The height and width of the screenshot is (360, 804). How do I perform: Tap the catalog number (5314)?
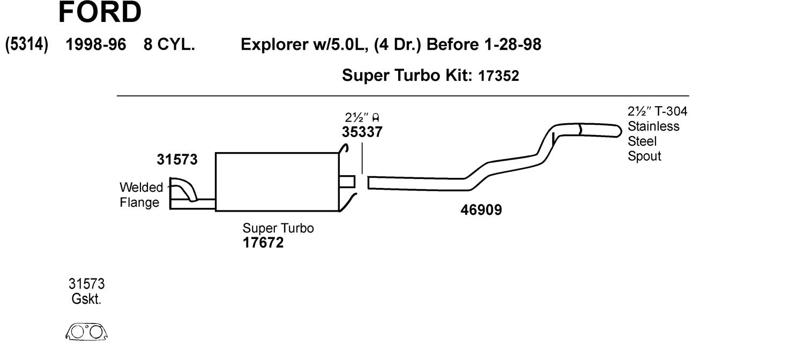[x=27, y=44]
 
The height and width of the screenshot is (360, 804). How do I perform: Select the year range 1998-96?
[x=95, y=44]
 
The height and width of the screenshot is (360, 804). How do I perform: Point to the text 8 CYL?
[x=169, y=44]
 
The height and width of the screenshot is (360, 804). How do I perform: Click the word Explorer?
[x=273, y=44]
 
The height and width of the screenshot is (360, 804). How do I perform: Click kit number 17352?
[x=498, y=76]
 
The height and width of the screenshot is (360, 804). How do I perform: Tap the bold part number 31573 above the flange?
[x=177, y=160]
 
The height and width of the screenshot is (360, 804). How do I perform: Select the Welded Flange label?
[x=140, y=195]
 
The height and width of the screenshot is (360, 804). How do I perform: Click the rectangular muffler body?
[x=277, y=182]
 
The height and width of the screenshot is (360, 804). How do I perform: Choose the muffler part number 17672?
[x=263, y=243]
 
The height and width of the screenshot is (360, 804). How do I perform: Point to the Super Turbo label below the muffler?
[x=278, y=228]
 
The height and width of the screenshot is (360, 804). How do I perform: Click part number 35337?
[x=362, y=132]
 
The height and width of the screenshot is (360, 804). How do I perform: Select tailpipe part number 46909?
[x=481, y=210]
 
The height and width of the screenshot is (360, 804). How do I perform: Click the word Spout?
[x=644, y=156]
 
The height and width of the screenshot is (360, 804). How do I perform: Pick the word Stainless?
[x=653, y=126]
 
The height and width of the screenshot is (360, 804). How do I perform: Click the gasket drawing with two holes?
[x=87, y=332]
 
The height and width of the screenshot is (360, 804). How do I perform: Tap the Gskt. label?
[x=86, y=299]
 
